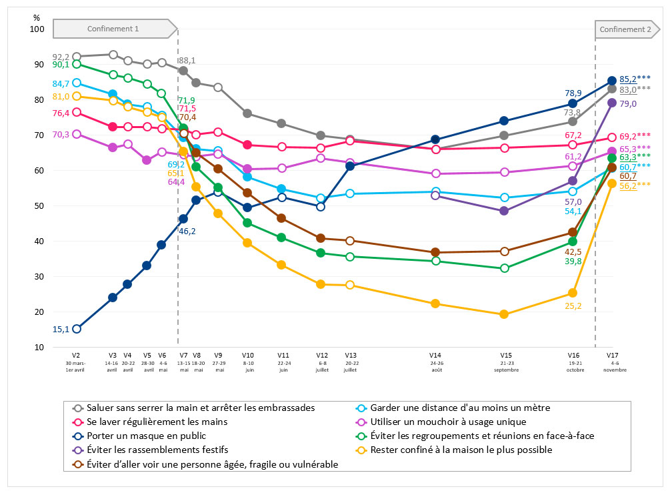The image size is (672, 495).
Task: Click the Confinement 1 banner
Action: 113,29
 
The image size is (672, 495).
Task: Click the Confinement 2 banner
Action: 625,29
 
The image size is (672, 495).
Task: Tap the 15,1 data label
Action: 61,328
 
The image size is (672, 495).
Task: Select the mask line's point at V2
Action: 77,328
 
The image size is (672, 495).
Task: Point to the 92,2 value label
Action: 61,57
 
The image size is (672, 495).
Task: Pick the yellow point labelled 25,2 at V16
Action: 573,293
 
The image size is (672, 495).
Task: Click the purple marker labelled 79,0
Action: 612,103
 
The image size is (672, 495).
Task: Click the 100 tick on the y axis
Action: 36,29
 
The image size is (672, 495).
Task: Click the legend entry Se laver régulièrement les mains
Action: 157,422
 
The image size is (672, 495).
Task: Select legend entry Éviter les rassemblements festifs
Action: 163,450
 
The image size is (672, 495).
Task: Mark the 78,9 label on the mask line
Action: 573,93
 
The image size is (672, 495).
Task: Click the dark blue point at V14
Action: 435,139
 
